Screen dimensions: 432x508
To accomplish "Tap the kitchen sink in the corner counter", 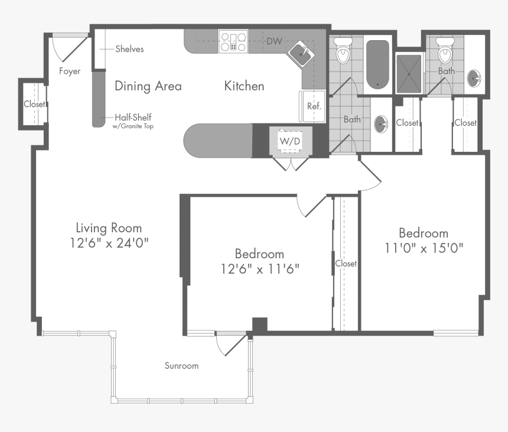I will point(301,54).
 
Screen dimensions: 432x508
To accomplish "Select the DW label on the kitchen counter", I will point(274,41).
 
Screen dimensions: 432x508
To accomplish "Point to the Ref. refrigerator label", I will point(314,106).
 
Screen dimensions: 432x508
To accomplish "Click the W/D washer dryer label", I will point(289,141).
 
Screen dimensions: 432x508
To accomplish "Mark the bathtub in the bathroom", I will point(377,63).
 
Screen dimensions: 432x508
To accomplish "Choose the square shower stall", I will point(409,73).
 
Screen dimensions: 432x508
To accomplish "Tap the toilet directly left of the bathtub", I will point(343,52).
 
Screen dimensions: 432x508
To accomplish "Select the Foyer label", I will point(70,72).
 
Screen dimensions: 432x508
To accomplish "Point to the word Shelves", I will point(129,49).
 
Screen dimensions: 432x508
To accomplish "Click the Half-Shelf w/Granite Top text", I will point(133,121).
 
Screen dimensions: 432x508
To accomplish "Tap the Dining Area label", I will point(148,86).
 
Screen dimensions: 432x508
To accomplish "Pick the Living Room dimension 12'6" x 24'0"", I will point(109,243).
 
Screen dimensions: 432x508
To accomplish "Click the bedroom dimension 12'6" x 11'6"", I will point(259,269).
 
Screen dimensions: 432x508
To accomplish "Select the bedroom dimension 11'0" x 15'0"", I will point(423,248).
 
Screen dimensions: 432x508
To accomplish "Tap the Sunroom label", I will point(181,366).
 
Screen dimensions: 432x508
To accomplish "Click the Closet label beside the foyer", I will point(34,105).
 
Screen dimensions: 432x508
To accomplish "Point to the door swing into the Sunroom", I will point(227,345).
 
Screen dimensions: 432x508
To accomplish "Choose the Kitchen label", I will point(244,86).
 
